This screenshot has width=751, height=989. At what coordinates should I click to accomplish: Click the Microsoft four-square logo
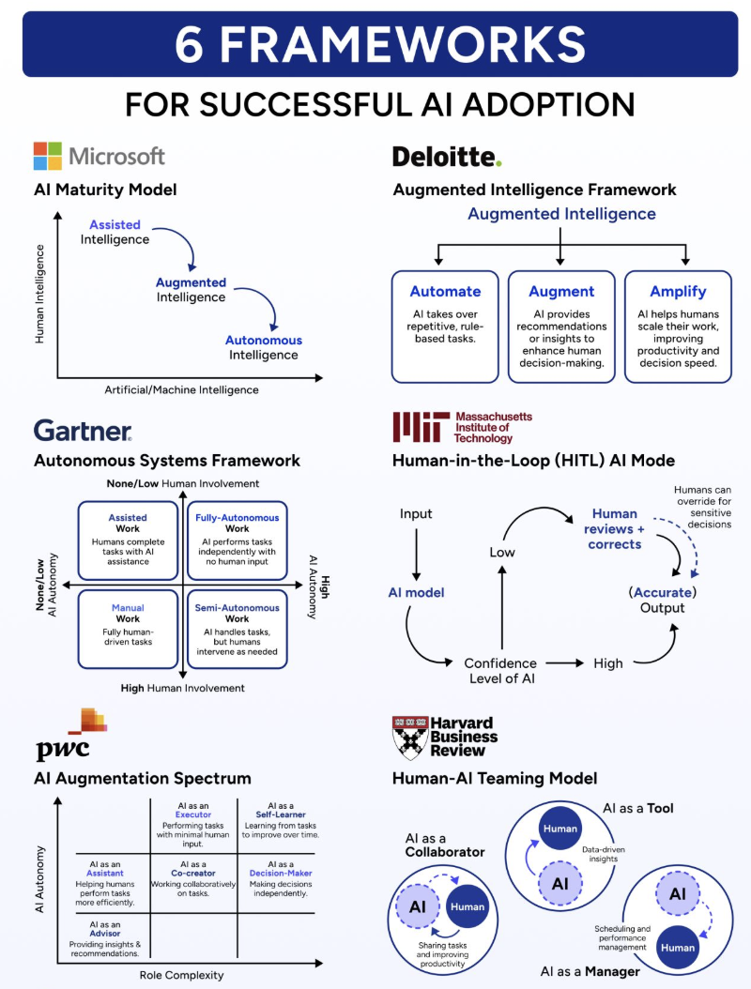click(48, 156)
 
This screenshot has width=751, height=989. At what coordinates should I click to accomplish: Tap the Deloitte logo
click(447, 156)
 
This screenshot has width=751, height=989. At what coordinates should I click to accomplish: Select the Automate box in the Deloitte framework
click(445, 326)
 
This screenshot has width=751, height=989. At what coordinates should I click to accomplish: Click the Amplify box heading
click(678, 292)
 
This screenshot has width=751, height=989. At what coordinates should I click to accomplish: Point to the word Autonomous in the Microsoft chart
click(263, 341)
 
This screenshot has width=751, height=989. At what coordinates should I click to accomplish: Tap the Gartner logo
click(83, 431)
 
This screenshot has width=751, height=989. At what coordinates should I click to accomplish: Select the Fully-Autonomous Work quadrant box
click(237, 541)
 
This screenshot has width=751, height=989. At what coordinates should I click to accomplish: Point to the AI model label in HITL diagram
click(416, 593)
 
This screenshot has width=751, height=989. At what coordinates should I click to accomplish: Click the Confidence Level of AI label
click(500, 671)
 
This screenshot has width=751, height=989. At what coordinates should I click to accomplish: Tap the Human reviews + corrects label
click(615, 528)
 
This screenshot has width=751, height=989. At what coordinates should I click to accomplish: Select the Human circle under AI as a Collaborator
click(467, 906)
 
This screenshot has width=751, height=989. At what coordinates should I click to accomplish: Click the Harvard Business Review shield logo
click(408, 738)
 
